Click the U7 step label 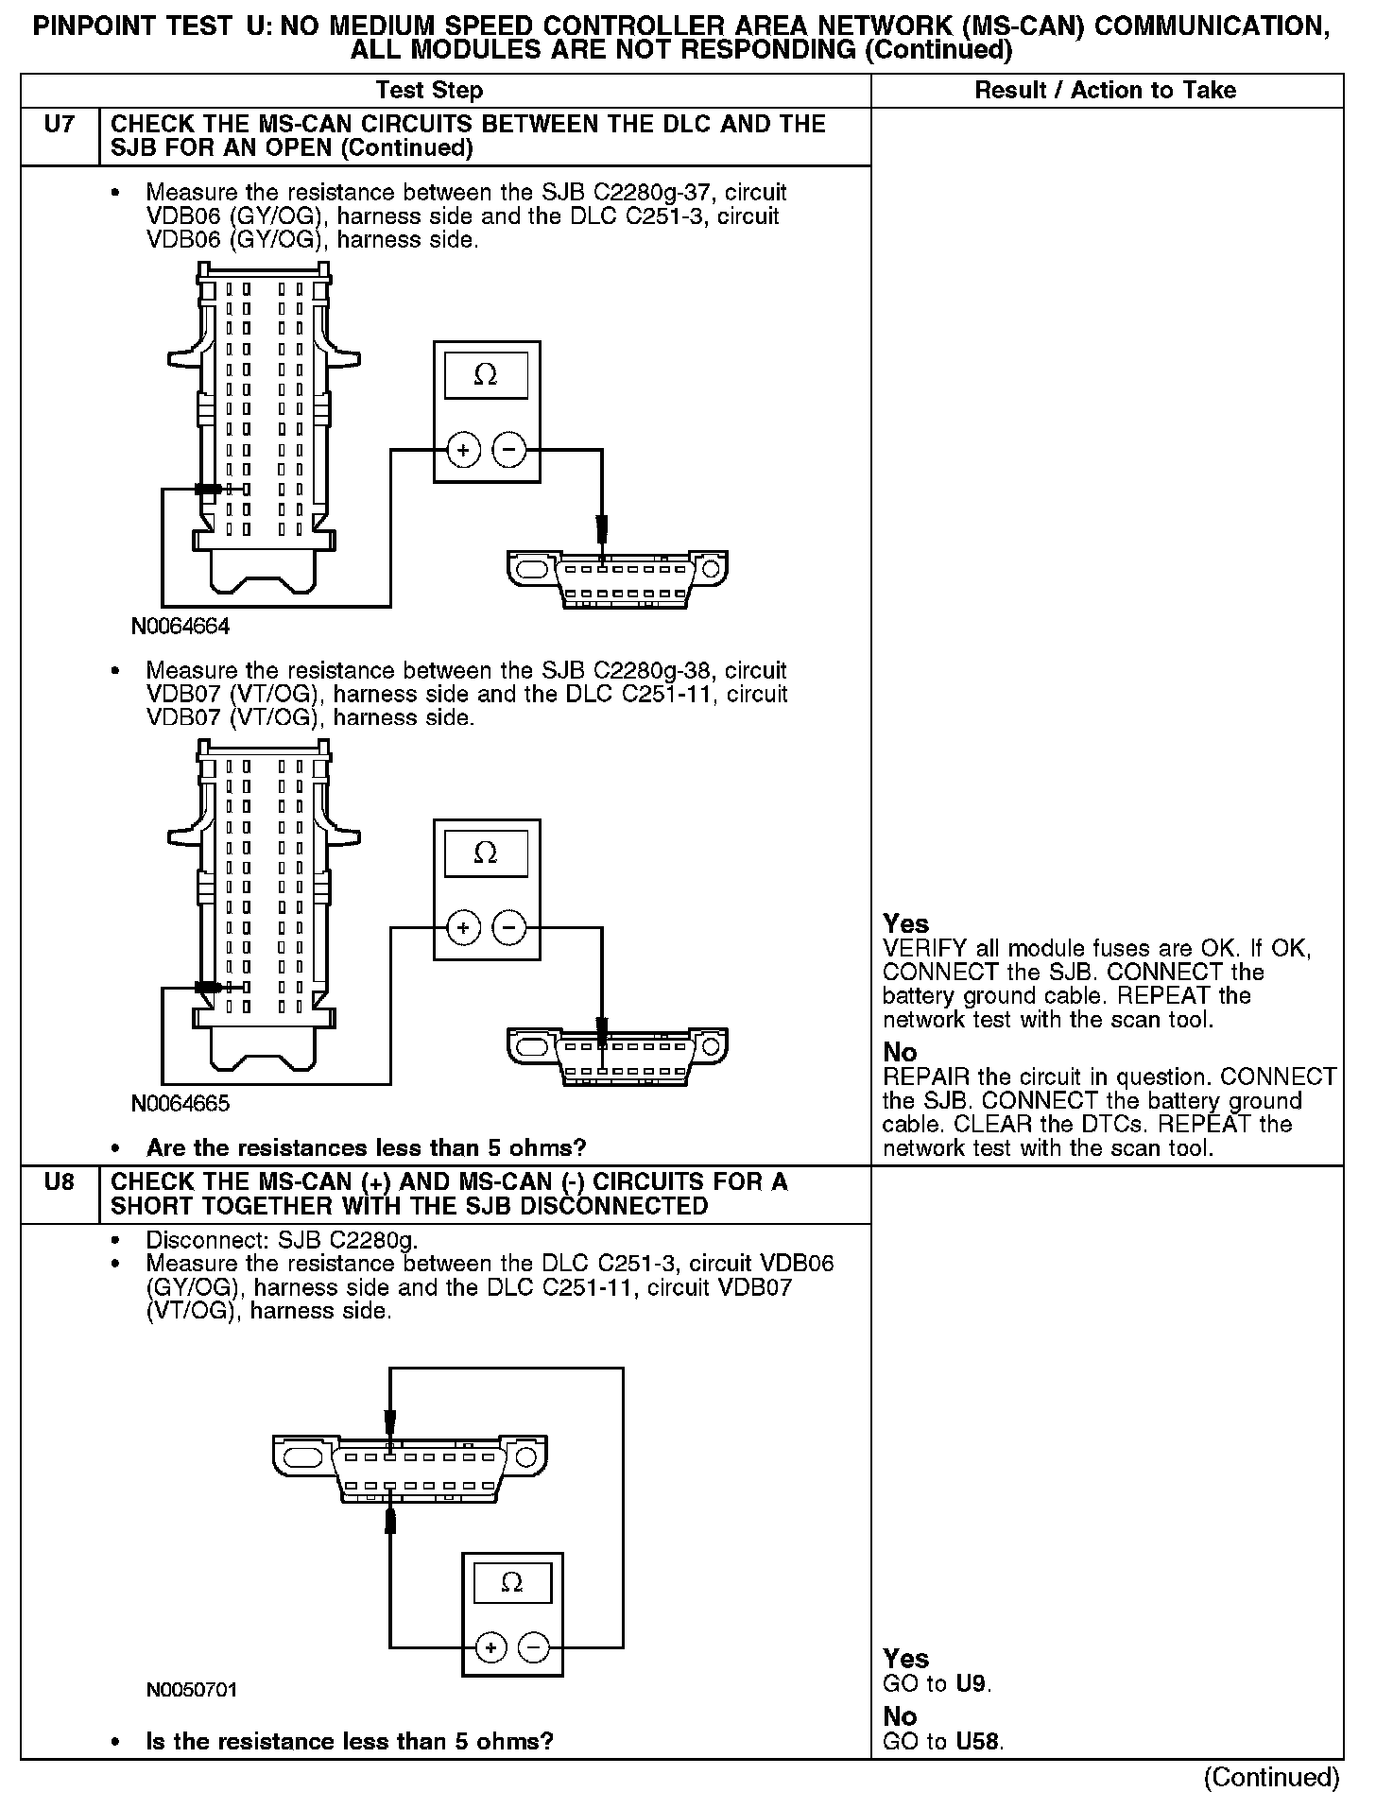point(59,125)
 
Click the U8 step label point(59,1182)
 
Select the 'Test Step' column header point(429,91)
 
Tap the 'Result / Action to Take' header point(1105,91)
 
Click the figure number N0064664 point(181,627)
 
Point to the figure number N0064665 point(181,1104)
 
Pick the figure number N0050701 point(192,1690)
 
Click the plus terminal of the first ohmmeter point(463,451)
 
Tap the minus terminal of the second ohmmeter point(509,928)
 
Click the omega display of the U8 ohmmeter point(512,1582)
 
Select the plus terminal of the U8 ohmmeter point(490,1648)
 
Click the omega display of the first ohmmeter point(486,375)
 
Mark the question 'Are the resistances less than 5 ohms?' point(366,1148)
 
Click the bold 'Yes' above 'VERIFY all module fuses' point(905,923)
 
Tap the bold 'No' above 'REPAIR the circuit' point(900,1052)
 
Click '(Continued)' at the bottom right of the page point(1271,1777)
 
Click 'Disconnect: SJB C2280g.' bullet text point(282,1240)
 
